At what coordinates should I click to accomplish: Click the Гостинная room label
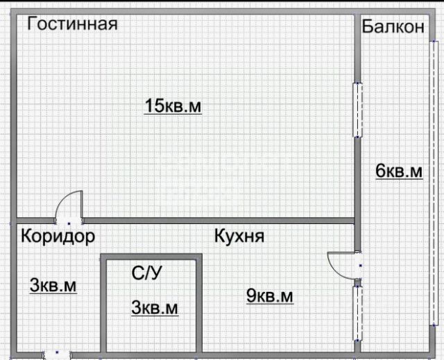click(x=72, y=24)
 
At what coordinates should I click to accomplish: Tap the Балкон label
click(x=393, y=27)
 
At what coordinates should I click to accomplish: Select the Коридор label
click(x=58, y=237)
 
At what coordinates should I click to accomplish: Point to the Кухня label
click(x=239, y=236)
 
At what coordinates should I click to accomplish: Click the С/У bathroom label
click(x=146, y=273)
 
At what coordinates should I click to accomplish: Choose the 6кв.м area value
click(x=399, y=171)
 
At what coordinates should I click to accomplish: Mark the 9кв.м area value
click(x=270, y=296)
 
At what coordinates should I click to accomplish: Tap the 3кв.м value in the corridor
click(x=53, y=285)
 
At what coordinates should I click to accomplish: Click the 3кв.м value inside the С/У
click(x=154, y=307)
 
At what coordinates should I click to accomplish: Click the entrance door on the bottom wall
click(x=57, y=354)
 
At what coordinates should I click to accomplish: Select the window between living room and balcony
click(x=358, y=110)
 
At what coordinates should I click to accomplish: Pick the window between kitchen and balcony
click(x=358, y=314)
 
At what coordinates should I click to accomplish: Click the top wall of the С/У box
click(x=151, y=257)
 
